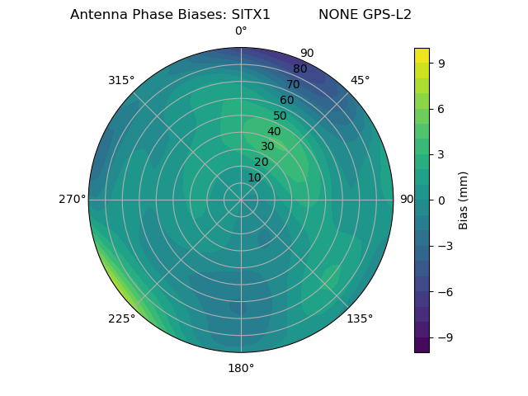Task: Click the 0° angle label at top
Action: click(241, 31)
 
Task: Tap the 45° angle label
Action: click(360, 80)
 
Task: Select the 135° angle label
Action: click(360, 318)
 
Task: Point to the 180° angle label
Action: click(241, 368)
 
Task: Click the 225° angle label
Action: click(121, 318)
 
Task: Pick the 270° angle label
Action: click(72, 200)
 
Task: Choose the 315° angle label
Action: click(121, 80)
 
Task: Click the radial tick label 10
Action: click(254, 177)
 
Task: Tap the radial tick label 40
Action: click(274, 132)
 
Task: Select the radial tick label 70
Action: click(293, 84)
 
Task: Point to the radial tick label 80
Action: click(299, 68)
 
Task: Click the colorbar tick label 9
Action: click(441, 63)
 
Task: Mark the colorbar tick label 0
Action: click(441, 200)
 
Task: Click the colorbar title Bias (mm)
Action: click(464, 200)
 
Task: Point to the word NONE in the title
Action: click(334, 15)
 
